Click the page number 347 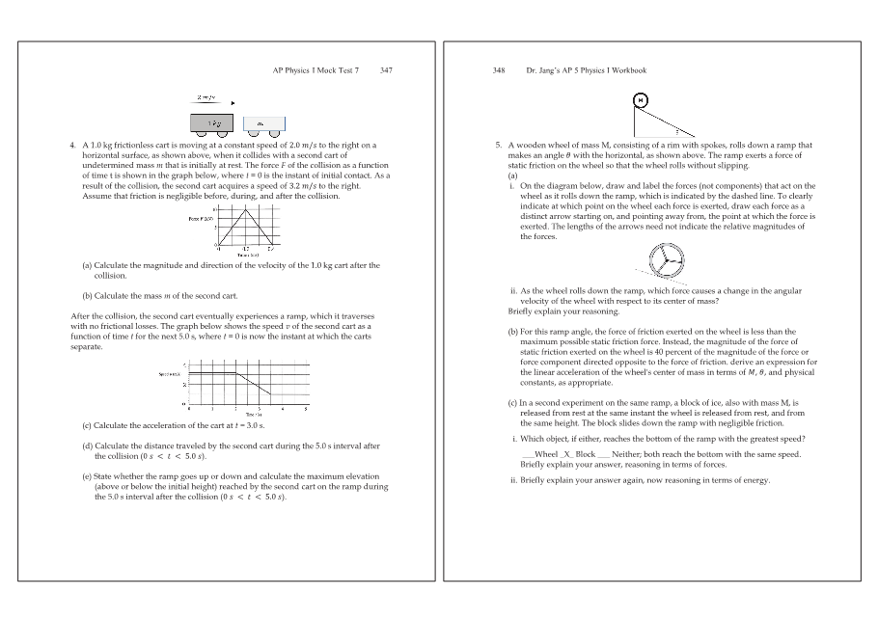tap(386, 70)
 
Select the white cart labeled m tap(263, 123)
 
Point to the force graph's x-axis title tap(248, 253)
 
